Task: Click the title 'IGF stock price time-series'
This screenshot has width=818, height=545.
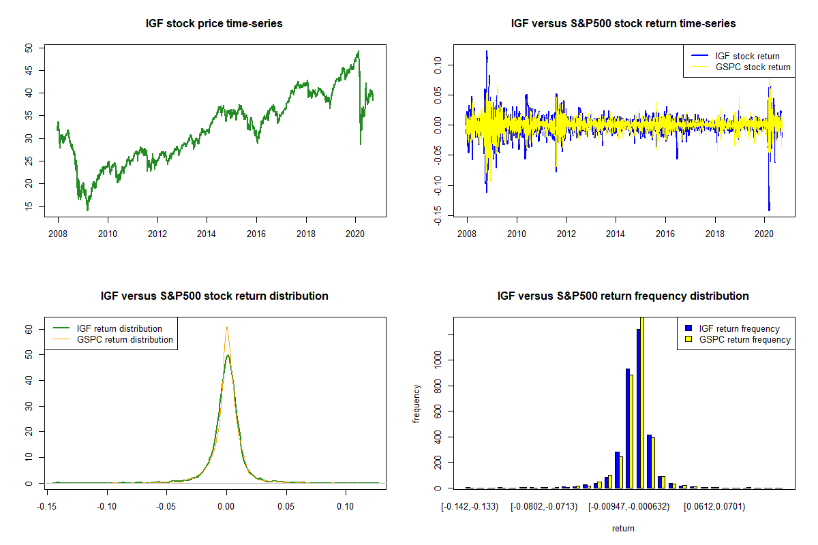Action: click(214, 24)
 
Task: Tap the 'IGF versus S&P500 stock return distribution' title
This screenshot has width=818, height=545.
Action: click(214, 296)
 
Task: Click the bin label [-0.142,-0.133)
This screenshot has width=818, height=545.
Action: click(470, 506)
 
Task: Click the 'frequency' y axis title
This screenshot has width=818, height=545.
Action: click(417, 404)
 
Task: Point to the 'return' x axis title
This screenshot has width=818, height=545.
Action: click(623, 528)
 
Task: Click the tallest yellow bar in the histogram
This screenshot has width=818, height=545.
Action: click(641, 402)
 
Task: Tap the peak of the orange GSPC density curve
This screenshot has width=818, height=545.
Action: click(227, 327)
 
